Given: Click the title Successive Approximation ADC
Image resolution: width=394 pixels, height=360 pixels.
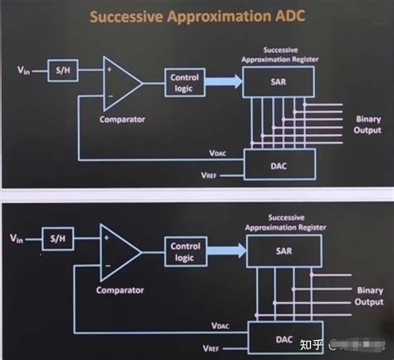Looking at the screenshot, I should (x=197, y=17).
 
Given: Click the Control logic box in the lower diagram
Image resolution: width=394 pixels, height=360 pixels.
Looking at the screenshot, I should (x=185, y=252).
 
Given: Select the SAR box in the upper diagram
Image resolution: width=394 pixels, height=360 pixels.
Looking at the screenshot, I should (x=277, y=80).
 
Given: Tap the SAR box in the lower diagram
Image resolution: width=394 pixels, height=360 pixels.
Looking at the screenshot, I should (x=278, y=252).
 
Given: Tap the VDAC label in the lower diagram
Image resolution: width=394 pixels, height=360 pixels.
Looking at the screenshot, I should (x=221, y=325).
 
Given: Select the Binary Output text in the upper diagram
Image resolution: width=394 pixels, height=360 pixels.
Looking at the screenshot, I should (x=367, y=125).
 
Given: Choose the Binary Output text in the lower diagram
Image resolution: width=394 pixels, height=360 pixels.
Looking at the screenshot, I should (x=368, y=297).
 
